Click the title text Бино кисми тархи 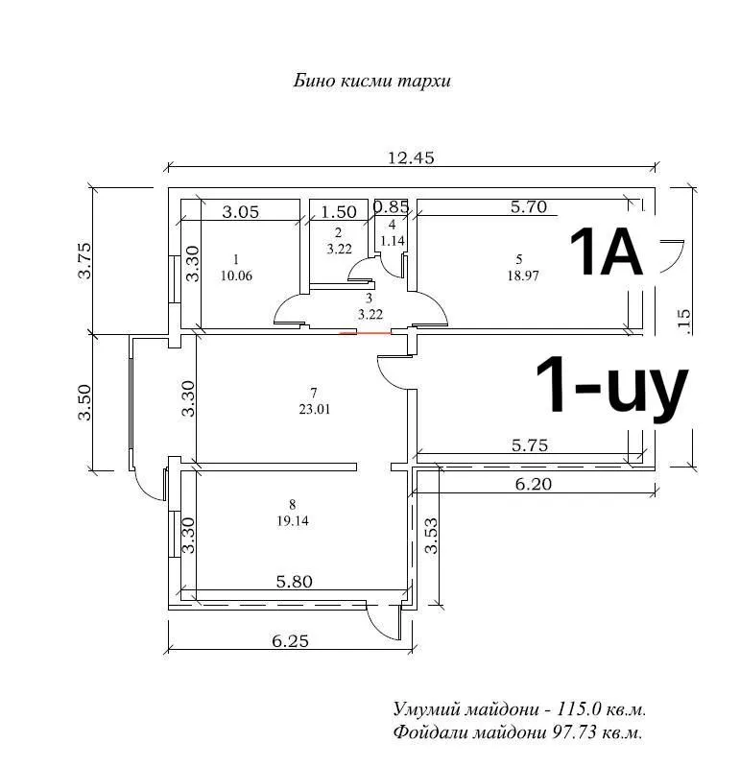click(x=371, y=81)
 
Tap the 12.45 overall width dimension click(x=411, y=157)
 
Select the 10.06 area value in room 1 click(x=236, y=276)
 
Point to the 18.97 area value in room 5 click(x=523, y=276)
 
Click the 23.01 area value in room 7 click(x=315, y=409)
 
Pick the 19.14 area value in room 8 click(x=293, y=520)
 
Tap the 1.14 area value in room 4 click(x=393, y=241)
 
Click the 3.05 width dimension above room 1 click(x=240, y=212)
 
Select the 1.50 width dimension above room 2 click(x=339, y=212)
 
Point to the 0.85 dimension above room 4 click(x=391, y=207)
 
